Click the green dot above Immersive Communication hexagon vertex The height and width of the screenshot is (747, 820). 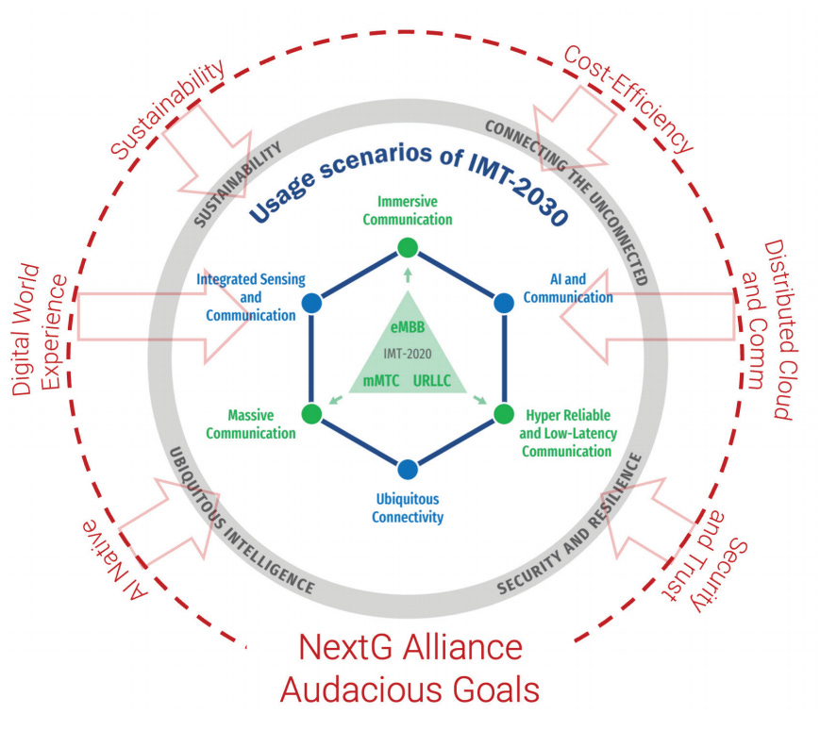(x=407, y=248)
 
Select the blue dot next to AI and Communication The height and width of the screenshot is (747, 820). (x=504, y=304)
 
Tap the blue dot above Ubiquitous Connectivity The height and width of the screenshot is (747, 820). (x=407, y=469)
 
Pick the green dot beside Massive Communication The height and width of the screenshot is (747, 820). (x=310, y=413)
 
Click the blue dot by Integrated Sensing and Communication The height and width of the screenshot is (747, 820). (x=310, y=304)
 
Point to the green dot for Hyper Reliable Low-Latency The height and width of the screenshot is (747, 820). (x=504, y=413)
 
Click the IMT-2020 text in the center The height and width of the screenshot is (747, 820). (x=408, y=353)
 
